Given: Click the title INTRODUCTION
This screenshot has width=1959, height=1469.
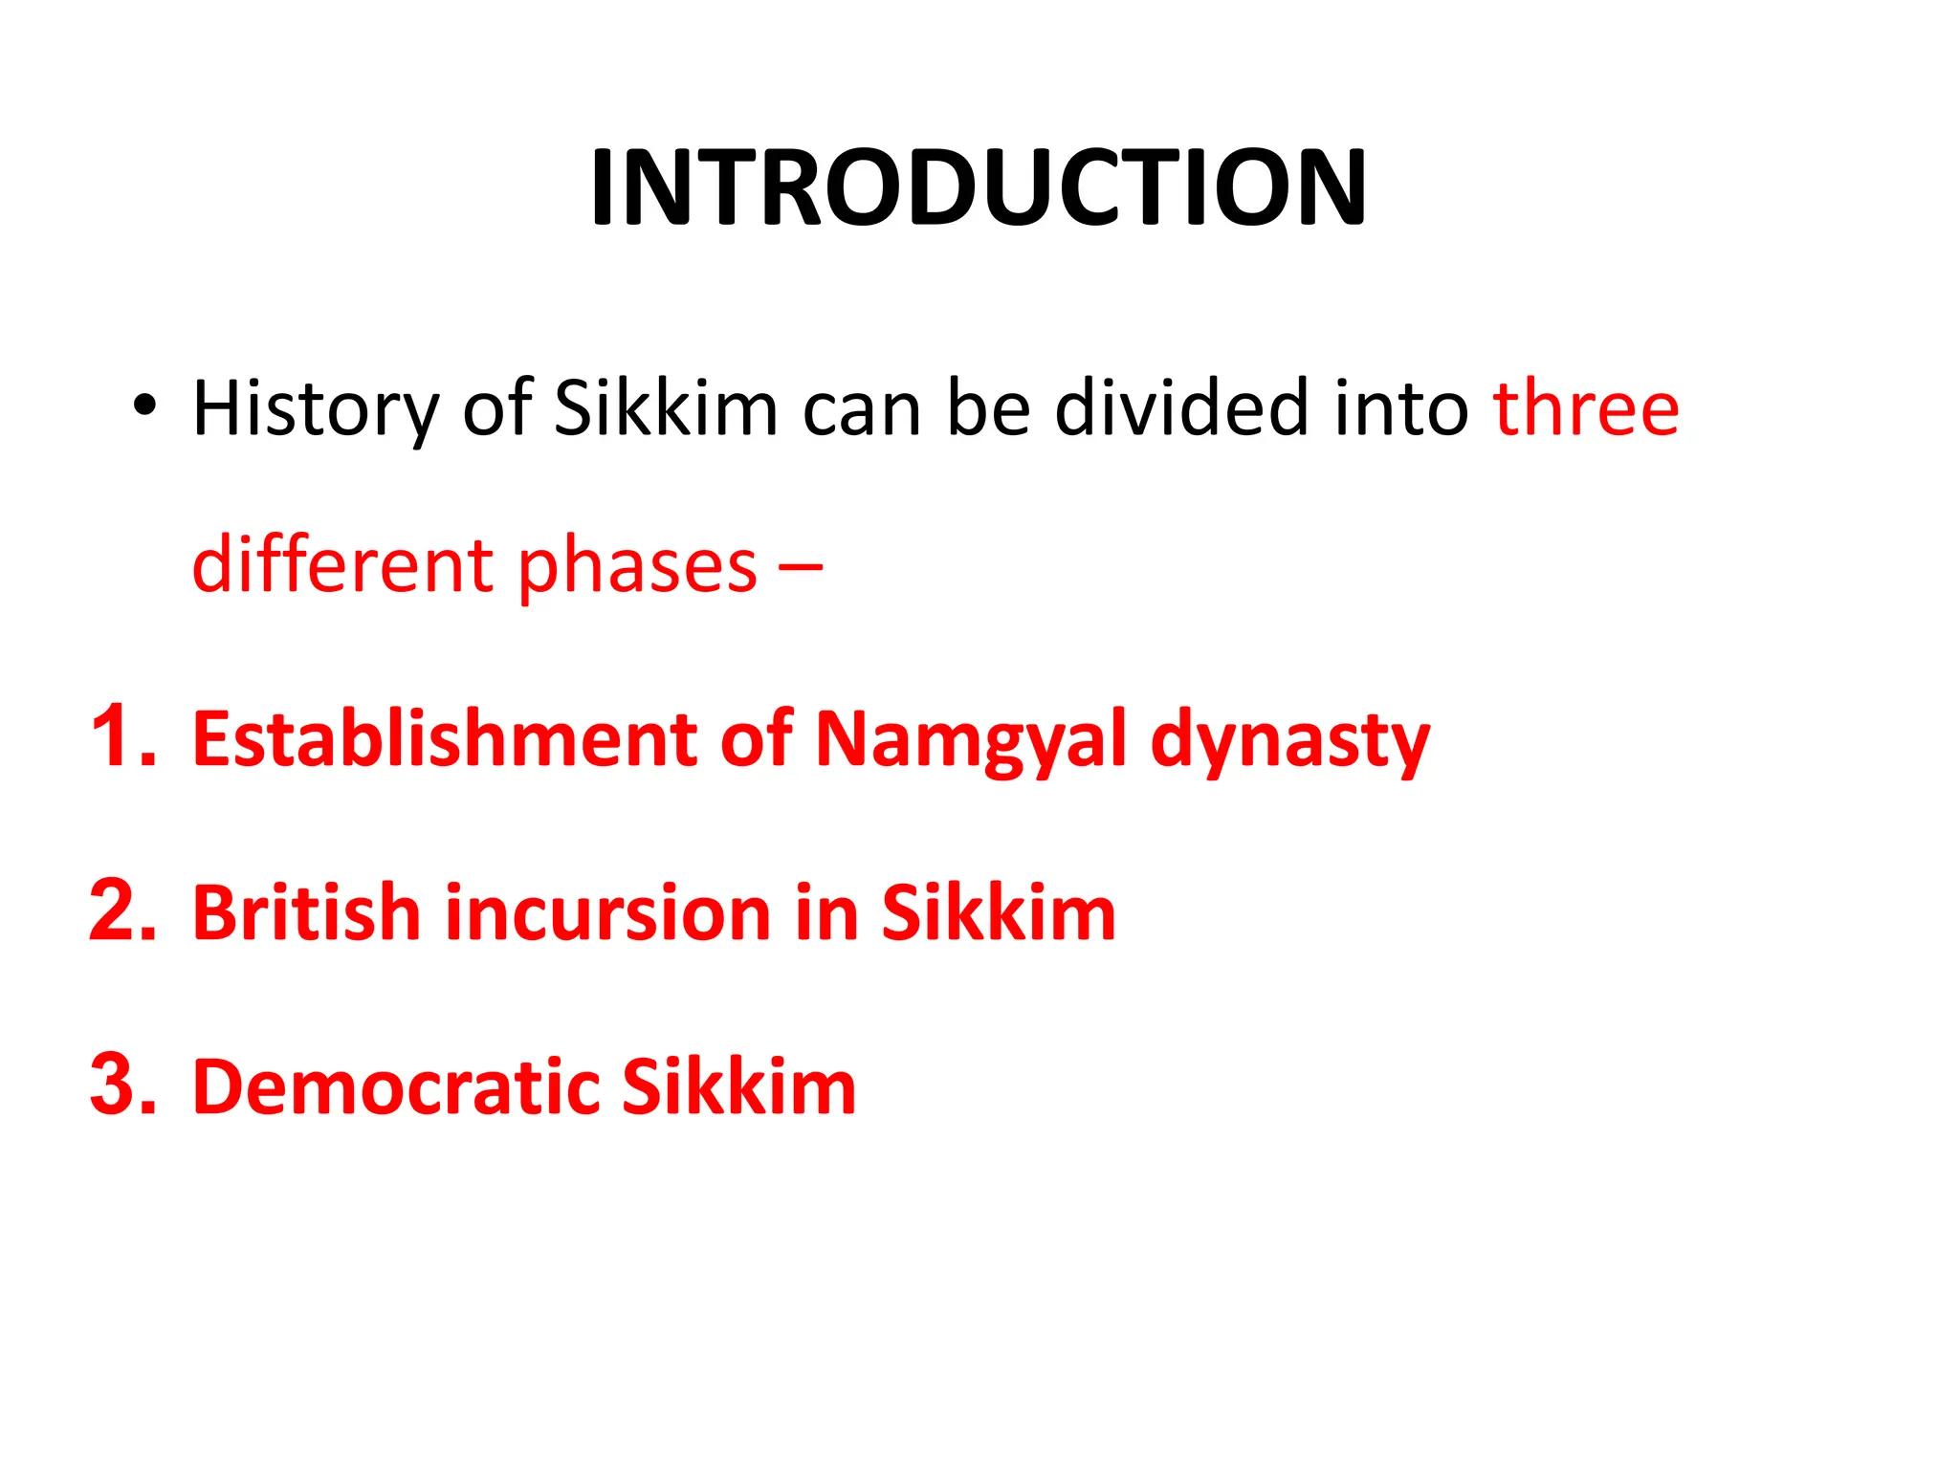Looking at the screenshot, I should [x=979, y=187].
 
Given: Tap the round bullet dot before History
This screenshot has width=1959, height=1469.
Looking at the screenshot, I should [x=143, y=407].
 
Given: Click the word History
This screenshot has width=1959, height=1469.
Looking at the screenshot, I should [x=315, y=409].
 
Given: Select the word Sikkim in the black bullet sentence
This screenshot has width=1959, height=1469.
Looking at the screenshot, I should [x=666, y=408].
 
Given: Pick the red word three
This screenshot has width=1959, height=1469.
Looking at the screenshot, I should [x=1586, y=408].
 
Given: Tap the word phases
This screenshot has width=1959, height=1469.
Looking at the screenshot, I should [x=638, y=567].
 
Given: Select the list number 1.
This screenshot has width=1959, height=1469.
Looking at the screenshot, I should [x=122, y=736].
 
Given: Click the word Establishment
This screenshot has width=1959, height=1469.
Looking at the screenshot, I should [x=445, y=738].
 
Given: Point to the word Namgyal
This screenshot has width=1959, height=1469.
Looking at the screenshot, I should [x=971, y=740].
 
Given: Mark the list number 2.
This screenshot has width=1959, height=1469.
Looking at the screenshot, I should [x=122, y=910].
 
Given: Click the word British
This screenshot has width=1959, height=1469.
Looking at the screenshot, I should [x=307, y=912].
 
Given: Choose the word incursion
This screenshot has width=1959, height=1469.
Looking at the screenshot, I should [x=608, y=913].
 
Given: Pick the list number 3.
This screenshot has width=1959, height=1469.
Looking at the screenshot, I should [x=122, y=1085].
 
